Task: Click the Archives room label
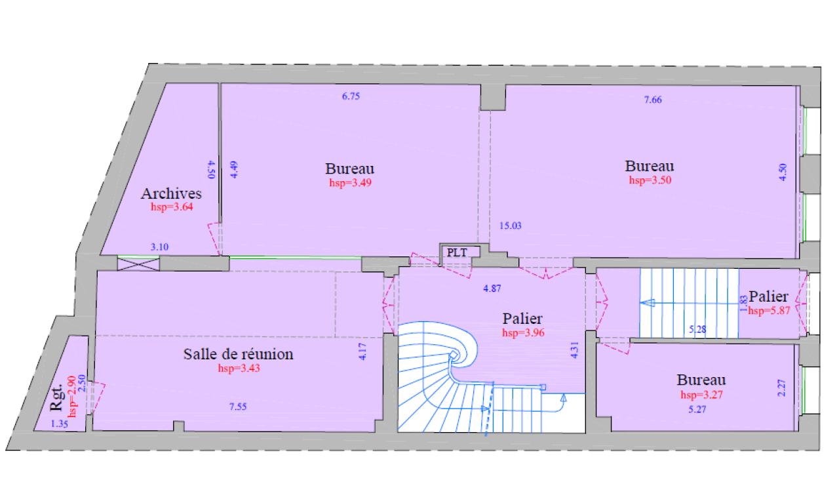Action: tap(171, 194)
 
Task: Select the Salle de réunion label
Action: tap(238, 355)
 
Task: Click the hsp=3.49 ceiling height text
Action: tap(351, 183)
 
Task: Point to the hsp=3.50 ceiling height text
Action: tap(649, 180)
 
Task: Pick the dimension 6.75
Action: tap(351, 96)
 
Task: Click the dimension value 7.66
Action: tap(653, 100)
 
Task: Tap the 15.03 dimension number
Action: tap(509, 226)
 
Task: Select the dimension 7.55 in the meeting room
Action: tap(238, 407)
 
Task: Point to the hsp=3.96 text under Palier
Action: tap(523, 332)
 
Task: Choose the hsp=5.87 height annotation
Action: tap(768, 311)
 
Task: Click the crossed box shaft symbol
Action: tap(138, 264)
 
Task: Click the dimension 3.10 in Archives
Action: tap(160, 247)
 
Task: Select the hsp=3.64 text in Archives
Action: tap(172, 207)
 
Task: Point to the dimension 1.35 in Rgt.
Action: tap(59, 424)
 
